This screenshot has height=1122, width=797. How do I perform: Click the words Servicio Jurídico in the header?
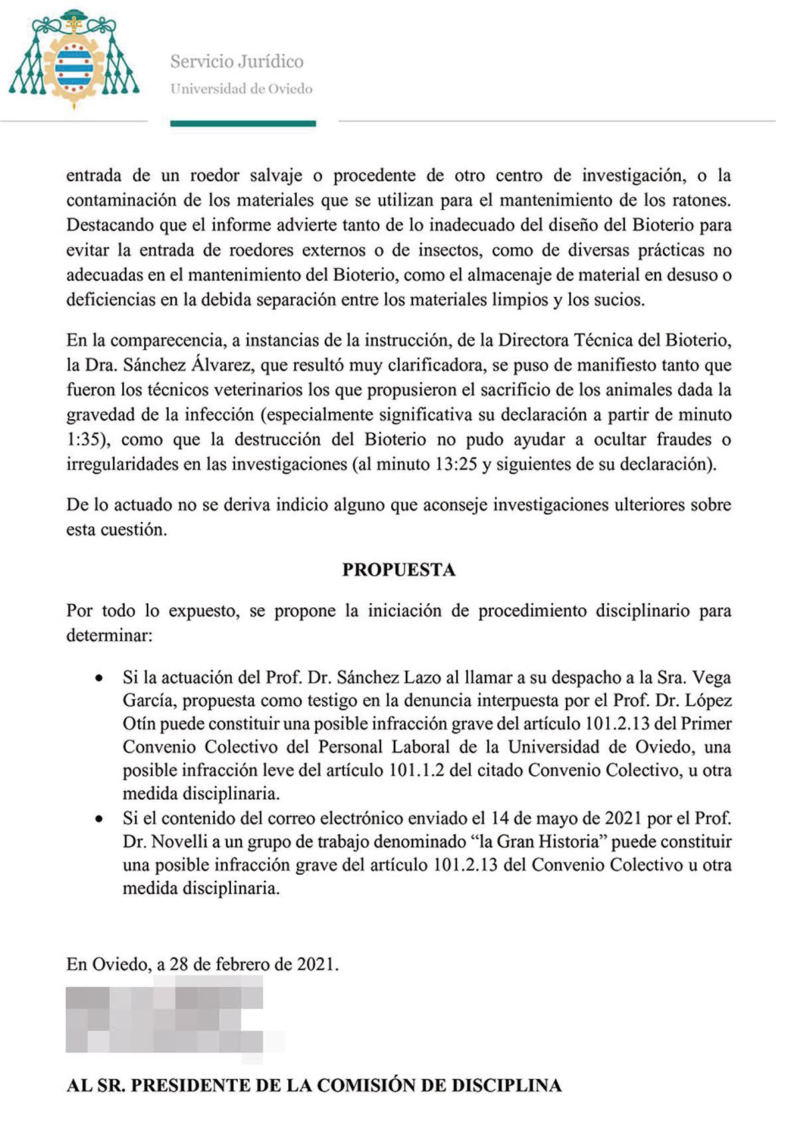[x=236, y=62]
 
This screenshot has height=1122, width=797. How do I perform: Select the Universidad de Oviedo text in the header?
[x=241, y=89]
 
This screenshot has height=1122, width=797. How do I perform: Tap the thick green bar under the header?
[x=243, y=123]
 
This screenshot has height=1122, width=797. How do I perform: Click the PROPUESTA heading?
[x=398, y=570]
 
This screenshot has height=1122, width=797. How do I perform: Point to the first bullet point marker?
[x=99, y=679]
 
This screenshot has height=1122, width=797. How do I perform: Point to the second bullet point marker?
[x=99, y=820]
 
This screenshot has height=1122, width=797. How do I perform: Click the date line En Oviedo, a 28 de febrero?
[x=203, y=964]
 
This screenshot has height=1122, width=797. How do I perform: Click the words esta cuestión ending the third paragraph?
[x=116, y=530]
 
